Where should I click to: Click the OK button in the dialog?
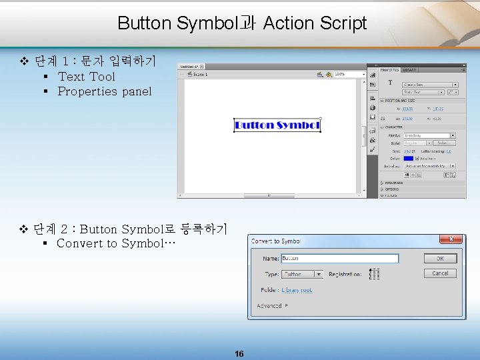tap(440, 258)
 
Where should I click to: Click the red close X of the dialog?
tap(451, 239)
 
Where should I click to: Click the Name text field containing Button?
tap(339, 258)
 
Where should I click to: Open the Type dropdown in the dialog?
tap(303, 274)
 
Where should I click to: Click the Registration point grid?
tap(374, 274)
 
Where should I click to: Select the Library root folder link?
tap(297, 290)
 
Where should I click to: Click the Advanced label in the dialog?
tap(269, 306)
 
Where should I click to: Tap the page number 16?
tap(239, 354)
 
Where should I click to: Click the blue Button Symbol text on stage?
tap(277, 125)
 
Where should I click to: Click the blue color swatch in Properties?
tap(408, 158)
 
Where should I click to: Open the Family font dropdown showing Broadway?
tap(429, 135)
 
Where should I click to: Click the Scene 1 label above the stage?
tap(201, 75)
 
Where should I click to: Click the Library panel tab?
tap(409, 69)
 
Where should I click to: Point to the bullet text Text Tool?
tap(86, 77)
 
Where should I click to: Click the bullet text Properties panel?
tap(105, 91)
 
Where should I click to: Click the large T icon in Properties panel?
tap(390, 83)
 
